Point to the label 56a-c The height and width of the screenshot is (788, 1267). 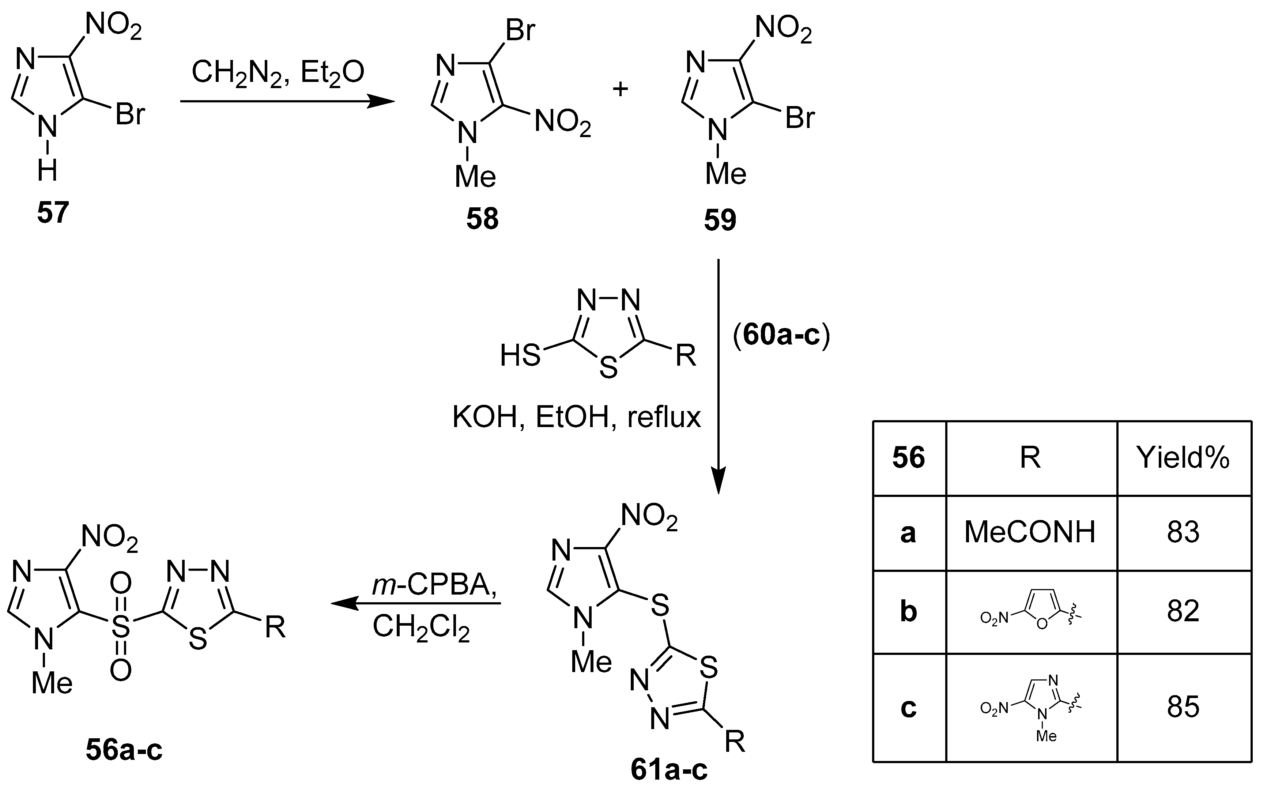124,750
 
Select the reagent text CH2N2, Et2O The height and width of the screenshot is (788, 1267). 278,73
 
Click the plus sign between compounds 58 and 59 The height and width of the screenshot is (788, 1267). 620,90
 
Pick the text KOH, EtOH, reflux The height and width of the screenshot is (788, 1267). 576,418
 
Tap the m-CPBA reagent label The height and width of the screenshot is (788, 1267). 434,586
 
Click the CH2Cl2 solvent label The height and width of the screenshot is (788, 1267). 421,627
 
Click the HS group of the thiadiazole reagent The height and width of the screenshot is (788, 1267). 520,356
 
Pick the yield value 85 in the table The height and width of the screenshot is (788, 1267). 1183,707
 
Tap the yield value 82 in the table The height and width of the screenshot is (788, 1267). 1183,611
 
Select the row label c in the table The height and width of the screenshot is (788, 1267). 908,708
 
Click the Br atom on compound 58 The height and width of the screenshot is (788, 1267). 520,30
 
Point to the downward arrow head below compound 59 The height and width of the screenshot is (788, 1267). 718,482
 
